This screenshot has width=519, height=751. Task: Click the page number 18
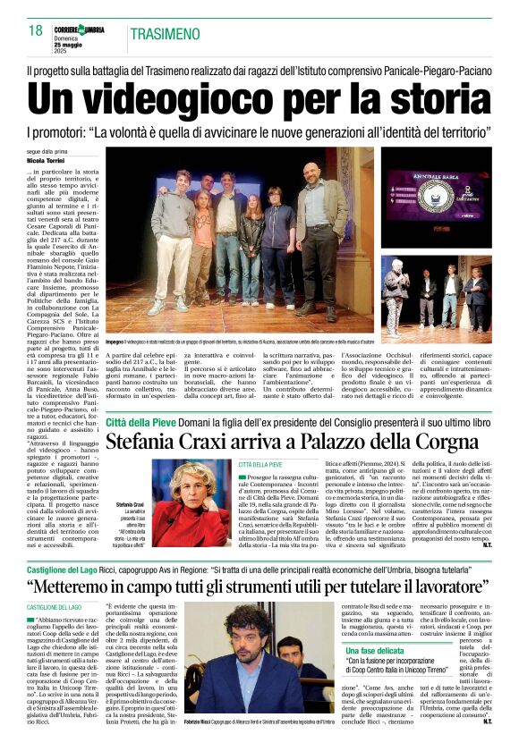[36, 31]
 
